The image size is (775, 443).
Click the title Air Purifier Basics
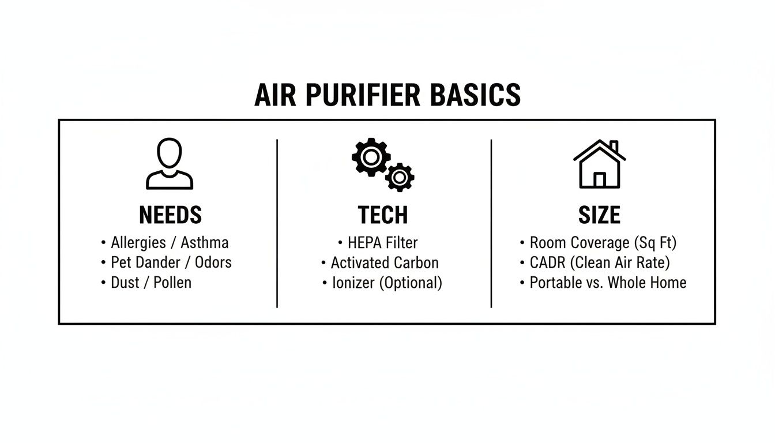pyautogui.click(x=387, y=96)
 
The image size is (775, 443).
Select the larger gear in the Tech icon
pyautogui.click(x=370, y=156)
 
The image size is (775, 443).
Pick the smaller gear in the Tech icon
pyautogui.click(x=399, y=177)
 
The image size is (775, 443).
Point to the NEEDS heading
pyautogui.click(x=170, y=215)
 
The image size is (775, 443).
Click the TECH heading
pyautogui.click(x=383, y=215)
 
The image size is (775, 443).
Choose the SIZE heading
pyautogui.click(x=599, y=215)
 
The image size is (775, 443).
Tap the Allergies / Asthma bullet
pyautogui.click(x=170, y=242)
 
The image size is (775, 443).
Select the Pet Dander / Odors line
pyautogui.click(x=171, y=262)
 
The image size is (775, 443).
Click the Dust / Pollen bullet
pyautogui.click(x=151, y=283)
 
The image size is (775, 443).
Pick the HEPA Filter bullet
pyautogui.click(x=382, y=242)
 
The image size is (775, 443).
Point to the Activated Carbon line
pyautogui.click(x=384, y=263)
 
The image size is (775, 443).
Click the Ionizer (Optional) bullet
pyautogui.click(x=386, y=283)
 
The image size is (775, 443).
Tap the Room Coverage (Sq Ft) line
pyautogui.click(x=603, y=242)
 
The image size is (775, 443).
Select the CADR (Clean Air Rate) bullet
pyautogui.click(x=600, y=263)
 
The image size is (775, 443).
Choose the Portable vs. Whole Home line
pyautogui.click(x=608, y=283)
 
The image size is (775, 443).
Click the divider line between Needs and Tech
pyautogui.click(x=277, y=223)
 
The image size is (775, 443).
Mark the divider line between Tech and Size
pyautogui.click(x=491, y=223)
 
